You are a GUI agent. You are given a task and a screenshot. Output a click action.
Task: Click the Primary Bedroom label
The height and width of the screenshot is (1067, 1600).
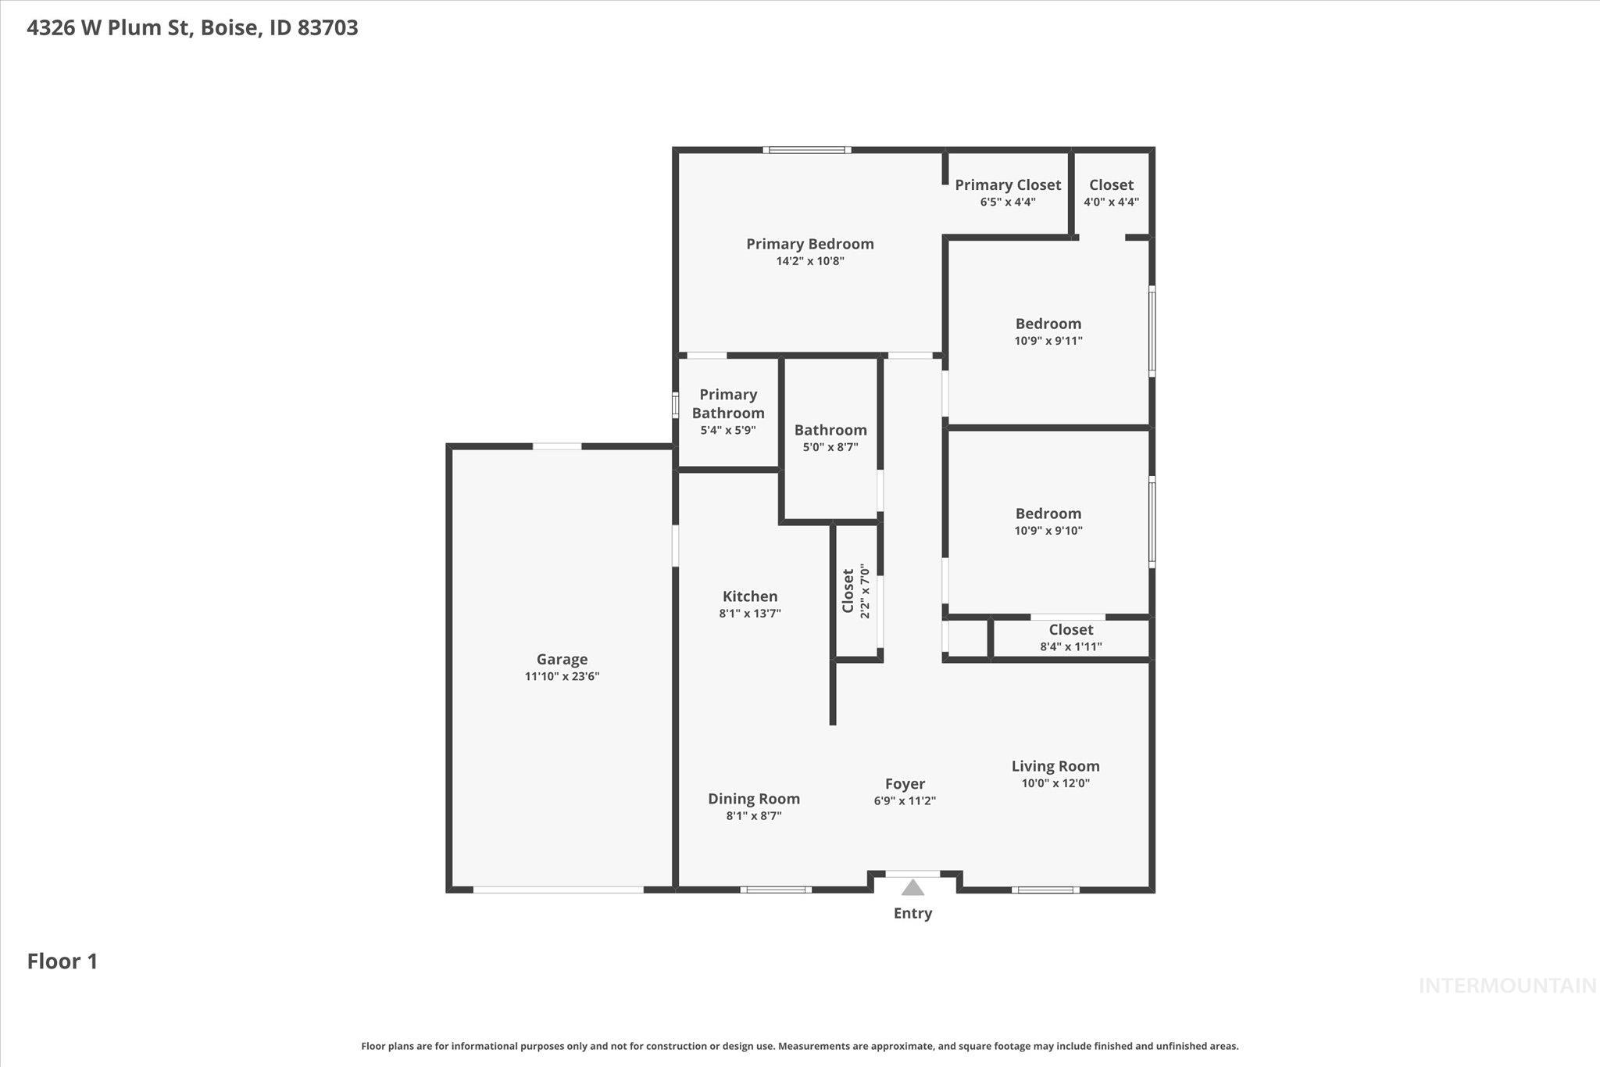pyautogui.click(x=809, y=244)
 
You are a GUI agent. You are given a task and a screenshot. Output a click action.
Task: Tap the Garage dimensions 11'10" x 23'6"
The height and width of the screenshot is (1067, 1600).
pyautogui.click(x=562, y=676)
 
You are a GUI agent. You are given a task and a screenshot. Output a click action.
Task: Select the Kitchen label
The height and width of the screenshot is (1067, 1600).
pyautogui.click(x=749, y=596)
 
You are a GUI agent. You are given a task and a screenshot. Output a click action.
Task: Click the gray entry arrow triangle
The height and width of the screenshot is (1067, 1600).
pyautogui.click(x=912, y=887)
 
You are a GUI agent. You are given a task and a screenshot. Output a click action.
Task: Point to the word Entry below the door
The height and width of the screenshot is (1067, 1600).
pyautogui.click(x=912, y=913)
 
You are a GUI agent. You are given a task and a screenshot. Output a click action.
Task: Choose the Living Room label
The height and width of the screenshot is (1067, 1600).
pyautogui.click(x=1055, y=766)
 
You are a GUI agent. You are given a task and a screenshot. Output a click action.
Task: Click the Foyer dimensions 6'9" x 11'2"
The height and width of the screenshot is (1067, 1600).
pyautogui.click(x=905, y=800)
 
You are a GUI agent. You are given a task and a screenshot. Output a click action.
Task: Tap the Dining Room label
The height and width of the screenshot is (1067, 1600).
pyautogui.click(x=753, y=798)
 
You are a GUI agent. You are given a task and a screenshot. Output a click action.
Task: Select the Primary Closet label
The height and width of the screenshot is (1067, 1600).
pyautogui.click(x=1007, y=185)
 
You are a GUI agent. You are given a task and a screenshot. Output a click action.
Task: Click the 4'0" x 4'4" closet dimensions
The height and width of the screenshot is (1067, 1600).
pyautogui.click(x=1110, y=202)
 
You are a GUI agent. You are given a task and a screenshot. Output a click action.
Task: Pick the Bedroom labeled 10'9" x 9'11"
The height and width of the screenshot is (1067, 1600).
pyautogui.click(x=1048, y=324)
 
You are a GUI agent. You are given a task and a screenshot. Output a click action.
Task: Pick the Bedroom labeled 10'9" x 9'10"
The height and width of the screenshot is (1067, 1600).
pyautogui.click(x=1048, y=514)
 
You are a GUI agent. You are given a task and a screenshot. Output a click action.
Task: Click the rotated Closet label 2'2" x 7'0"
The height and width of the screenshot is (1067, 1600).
pyautogui.click(x=848, y=591)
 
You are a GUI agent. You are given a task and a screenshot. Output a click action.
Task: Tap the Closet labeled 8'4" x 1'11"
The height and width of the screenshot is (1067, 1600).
pyautogui.click(x=1070, y=630)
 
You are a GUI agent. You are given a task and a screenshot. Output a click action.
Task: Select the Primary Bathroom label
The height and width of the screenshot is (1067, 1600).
pyautogui.click(x=727, y=403)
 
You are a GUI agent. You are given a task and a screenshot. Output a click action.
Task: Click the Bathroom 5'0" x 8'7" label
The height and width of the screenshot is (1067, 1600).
pyautogui.click(x=830, y=430)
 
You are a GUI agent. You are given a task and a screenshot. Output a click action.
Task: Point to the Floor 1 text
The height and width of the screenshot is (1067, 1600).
pyautogui.click(x=62, y=961)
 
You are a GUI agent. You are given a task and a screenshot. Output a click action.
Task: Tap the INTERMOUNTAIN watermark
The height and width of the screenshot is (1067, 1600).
pyautogui.click(x=1506, y=986)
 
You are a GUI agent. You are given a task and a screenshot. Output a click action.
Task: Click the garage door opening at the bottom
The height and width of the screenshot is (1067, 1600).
pyautogui.click(x=558, y=890)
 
